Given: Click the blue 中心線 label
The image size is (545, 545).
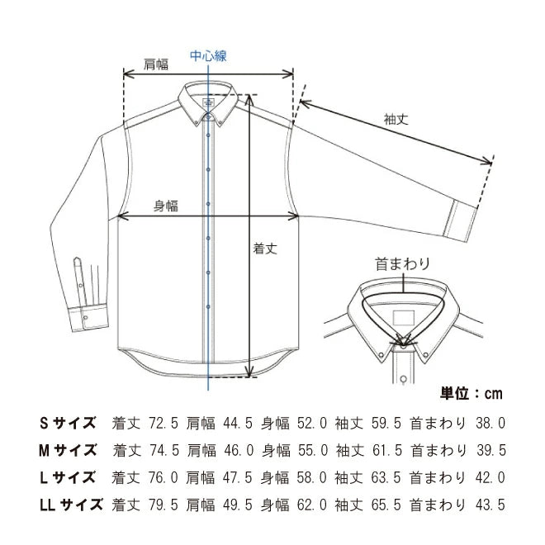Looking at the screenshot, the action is click(x=208, y=56).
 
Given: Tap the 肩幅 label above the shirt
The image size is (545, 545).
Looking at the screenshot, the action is click(x=156, y=64).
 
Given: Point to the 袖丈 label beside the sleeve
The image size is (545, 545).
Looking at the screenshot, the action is click(x=396, y=119).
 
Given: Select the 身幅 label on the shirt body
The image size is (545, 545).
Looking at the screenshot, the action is click(x=166, y=206).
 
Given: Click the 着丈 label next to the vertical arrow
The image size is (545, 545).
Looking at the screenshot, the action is click(x=265, y=249).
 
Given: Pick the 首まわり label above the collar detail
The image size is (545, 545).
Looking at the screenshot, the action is click(x=402, y=264).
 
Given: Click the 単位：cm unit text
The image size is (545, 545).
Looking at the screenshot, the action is click(x=472, y=393).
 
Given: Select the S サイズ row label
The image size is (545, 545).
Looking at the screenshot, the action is click(x=68, y=423).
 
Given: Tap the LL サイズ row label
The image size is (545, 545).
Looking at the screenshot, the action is click(x=71, y=505).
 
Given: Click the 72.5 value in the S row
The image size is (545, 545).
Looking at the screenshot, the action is click(x=163, y=424).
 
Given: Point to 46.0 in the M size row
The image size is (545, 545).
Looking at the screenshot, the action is click(x=239, y=451).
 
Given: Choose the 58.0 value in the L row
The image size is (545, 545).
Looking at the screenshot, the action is click(x=312, y=477).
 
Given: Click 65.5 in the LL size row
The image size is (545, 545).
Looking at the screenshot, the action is click(x=386, y=505).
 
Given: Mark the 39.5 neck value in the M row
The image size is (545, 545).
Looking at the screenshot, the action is click(x=491, y=451).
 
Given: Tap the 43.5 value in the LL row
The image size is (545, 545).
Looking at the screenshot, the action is click(x=490, y=505).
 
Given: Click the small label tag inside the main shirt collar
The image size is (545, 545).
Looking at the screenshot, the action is click(x=208, y=102).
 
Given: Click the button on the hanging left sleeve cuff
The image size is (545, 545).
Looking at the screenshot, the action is click(x=86, y=317).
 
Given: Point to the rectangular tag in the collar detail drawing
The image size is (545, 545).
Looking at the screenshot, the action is click(x=404, y=317).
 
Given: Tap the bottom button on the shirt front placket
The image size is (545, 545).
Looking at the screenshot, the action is click(x=208, y=307).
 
